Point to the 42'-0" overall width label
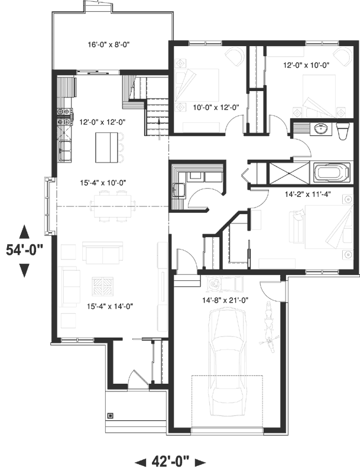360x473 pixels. click(x=170, y=461)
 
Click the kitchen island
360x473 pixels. click(x=107, y=147)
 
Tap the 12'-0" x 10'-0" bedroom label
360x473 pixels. click(x=307, y=64)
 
